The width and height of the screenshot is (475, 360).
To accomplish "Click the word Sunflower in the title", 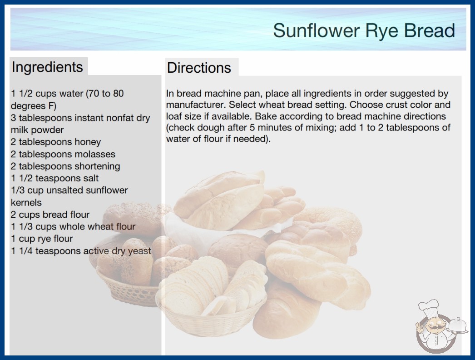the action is (x=317, y=30).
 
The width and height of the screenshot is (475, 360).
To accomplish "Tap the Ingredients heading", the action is (x=47, y=67).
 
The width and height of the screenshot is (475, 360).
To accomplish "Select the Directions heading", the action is (x=199, y=68).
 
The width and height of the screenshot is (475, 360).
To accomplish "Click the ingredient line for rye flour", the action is (x=42, y=239).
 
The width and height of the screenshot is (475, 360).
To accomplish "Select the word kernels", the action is (x=26, y=202).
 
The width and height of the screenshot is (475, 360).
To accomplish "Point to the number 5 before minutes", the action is (x=252, y=127).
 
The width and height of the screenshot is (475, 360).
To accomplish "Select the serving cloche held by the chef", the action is (x=458, y=326).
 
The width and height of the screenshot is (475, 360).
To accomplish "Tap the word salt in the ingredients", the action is (x=90, y=178).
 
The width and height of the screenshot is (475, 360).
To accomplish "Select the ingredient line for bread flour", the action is (x=50, y=215).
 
